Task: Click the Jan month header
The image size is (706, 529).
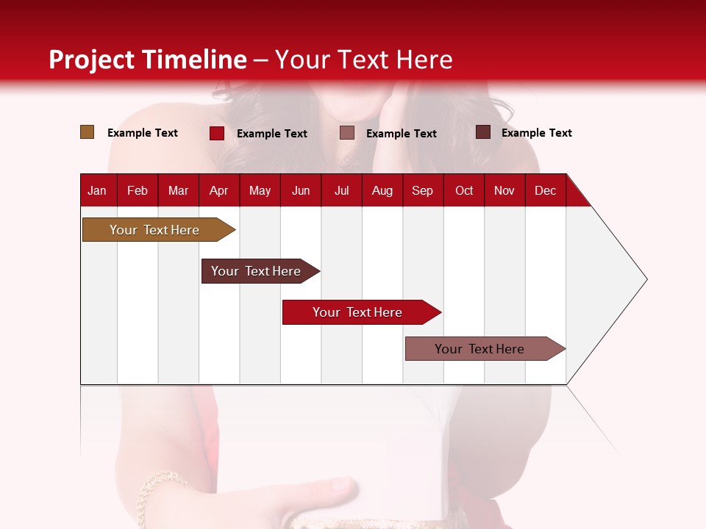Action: coord(97,190)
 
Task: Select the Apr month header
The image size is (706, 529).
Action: coord(218,190)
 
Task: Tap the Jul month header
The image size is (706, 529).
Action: coord(341,190)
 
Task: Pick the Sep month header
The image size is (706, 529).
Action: coord(422,190)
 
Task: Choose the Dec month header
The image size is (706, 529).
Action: coord(545,190)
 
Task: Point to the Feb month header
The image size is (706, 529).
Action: coord(138,190)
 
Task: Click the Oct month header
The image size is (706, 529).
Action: coord(464,190)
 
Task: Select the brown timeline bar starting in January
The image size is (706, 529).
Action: coord(154,230)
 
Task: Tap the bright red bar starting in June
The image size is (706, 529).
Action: coord(358,312)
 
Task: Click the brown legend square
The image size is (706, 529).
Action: coord(87,132)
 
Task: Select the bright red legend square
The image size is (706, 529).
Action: coord(217,133)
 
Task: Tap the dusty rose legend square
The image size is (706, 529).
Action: coord(347,133)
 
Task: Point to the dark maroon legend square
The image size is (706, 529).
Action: coord(483,132)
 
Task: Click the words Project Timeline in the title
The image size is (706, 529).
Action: coord(148,60)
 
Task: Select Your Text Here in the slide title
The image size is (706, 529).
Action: coord(363,60)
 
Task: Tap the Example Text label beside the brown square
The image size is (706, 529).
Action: coord(143,133)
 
